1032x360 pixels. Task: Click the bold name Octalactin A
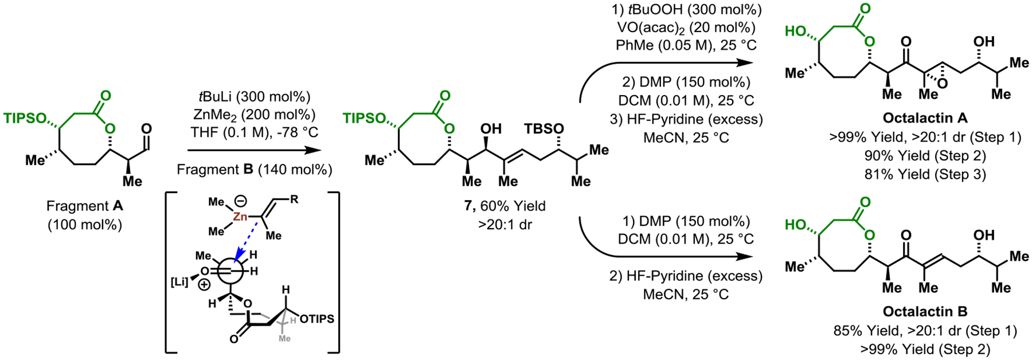point(925,118)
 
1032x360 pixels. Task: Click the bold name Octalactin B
point(925,311)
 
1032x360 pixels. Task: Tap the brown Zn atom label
point(240,217)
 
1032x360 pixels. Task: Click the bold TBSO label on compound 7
point(544,129)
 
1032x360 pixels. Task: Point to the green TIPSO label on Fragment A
point(25,118)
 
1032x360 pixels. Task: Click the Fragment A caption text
point(84,206)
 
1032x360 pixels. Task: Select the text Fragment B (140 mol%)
point(254,170)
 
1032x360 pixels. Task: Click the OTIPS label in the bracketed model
point(316,319)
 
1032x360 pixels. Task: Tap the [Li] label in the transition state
point(179,281)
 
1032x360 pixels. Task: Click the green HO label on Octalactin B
point(796,224)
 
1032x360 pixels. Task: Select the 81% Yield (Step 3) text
point(925,174)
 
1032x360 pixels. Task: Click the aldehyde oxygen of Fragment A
point(146,128)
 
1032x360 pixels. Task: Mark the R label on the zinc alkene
point(294,200)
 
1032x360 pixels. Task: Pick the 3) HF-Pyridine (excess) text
point(686,119)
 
